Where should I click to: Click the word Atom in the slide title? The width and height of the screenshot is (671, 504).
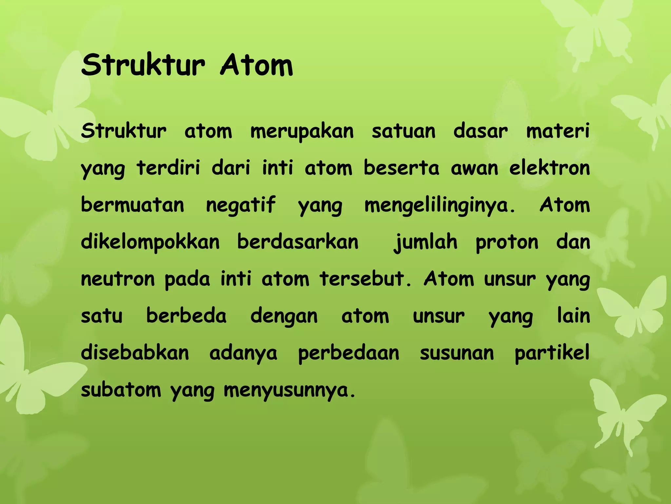257,65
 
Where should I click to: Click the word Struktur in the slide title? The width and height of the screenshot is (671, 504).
143,65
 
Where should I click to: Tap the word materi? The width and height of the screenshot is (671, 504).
558,131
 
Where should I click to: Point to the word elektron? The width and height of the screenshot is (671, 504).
549,168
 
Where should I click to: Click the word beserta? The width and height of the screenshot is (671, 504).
401,168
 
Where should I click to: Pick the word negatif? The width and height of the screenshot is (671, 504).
240,205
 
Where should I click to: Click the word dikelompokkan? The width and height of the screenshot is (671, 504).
150,242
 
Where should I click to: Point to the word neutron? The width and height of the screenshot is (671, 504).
118,279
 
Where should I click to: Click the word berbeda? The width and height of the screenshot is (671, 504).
186,316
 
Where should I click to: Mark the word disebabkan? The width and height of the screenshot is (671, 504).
135,353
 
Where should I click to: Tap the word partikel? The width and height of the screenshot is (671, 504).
552,353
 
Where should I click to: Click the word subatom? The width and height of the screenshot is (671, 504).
121,390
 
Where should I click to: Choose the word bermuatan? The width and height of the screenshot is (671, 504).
132,205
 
